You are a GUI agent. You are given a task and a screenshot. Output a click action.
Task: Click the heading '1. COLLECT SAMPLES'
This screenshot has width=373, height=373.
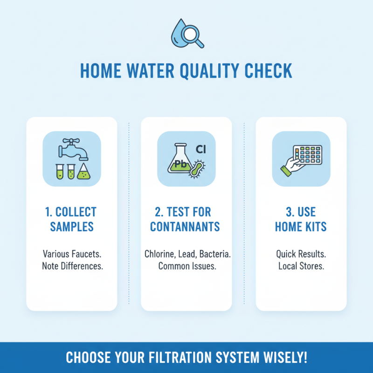click(71, 220)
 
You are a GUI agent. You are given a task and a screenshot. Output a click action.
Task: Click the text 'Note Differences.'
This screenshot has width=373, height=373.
click(71, 267)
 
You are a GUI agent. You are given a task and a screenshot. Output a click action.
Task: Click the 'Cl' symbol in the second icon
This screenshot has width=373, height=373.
click(201, 149)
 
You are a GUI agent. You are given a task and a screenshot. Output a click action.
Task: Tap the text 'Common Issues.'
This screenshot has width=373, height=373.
click(186, 267)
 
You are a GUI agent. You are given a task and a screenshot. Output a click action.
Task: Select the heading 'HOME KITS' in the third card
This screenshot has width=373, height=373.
click(301, 228)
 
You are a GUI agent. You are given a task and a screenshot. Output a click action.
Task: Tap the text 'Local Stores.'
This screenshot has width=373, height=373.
click(301, 267)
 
